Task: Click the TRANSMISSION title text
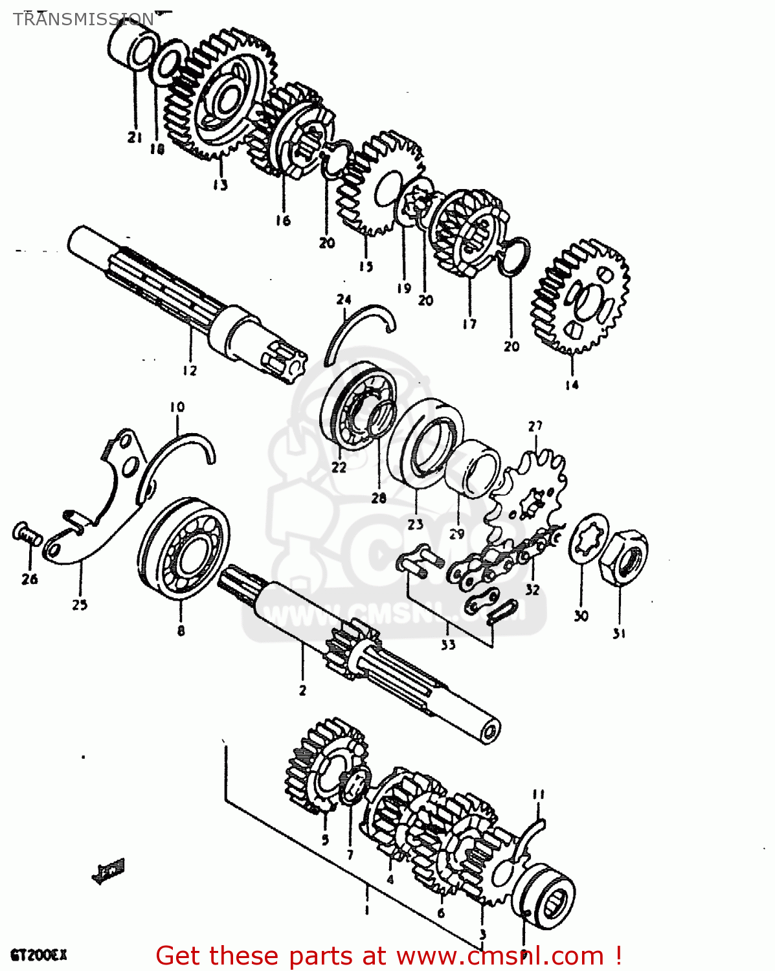tap(84, 19)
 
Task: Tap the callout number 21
tap(134, 137)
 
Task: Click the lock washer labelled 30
tap(589, 539)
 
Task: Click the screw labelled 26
tap(27, 535)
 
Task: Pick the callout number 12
tap(189, 370)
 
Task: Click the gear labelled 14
tap(581, 298)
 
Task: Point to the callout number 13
tap(220, 185)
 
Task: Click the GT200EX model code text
tap(38, 955)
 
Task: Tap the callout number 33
tap(448, 644)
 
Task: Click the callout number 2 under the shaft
tap(302, 690)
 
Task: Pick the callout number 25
tap(80, 605)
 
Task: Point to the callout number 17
tap(469, 324)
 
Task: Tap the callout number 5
tap(325, 840)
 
